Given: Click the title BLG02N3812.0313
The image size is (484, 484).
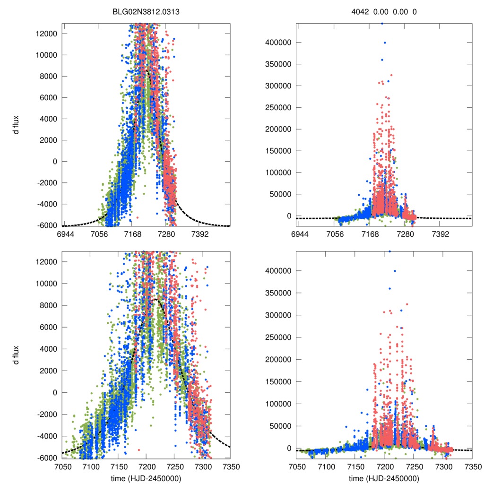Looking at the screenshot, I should (x=146, y=12).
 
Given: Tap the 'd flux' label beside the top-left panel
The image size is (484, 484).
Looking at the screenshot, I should (x=17, y=125).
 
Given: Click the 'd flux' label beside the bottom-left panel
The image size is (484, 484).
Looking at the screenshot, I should (x=17, y=354).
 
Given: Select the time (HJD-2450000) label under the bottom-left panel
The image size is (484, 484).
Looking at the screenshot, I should (x=147, y=478).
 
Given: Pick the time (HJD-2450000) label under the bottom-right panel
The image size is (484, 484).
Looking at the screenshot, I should (x=384, y=478).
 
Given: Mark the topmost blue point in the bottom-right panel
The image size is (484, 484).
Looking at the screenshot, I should (x=389, y=251).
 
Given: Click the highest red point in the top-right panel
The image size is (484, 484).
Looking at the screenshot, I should (x=391, y=75).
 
